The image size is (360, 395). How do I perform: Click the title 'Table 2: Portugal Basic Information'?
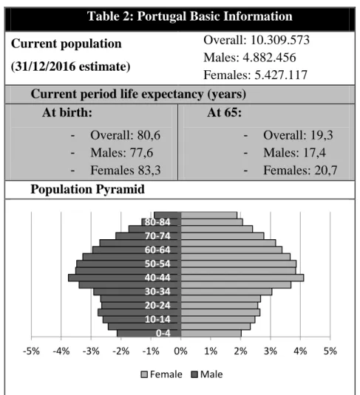(x=190, y=16)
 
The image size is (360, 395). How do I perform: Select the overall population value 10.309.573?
(x=279, y=40)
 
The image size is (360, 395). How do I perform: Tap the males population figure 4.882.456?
(x=269, y=58)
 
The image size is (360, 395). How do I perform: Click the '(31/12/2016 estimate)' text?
(x=71, y=66)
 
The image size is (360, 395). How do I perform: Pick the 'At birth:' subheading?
(x=67, y=112)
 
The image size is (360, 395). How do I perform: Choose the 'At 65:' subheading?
(x=224, y=112)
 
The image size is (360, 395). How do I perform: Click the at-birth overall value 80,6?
(x=149, y=135)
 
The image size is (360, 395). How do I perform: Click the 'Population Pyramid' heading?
(x=87, y=189)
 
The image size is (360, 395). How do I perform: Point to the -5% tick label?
(x=31, y=351)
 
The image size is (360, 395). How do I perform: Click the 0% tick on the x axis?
(x=180, y=351)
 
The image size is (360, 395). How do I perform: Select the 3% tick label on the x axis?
(x=271, y=351)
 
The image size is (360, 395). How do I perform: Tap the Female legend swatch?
(x=144, y=374)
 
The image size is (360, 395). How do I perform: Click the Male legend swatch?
(x=194, y=374)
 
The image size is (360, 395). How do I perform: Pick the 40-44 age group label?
(x=157, y=278)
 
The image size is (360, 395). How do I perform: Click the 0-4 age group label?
(x=163, y=333)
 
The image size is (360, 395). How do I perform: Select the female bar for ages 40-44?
(x=242, y=278)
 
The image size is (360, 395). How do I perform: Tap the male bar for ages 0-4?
(x=149, y=333)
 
